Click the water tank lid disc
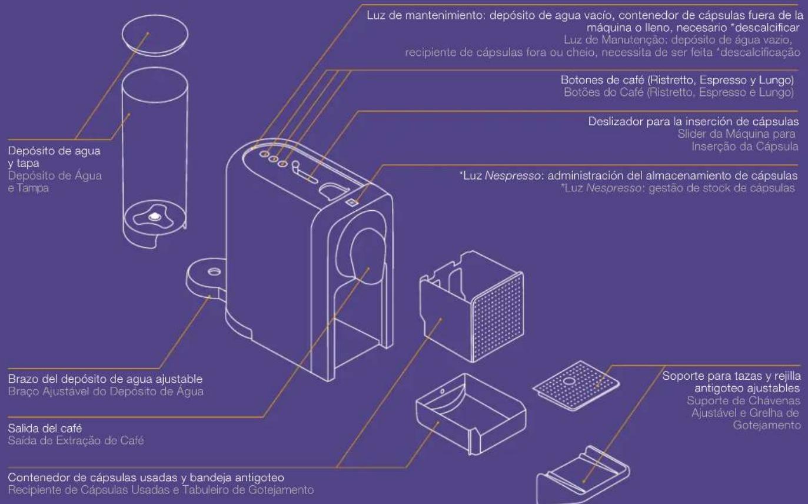point(155,35)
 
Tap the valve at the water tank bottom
point(155,217)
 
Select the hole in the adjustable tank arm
point(214,271)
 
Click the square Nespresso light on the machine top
point(351,203)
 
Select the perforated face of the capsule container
point(497,317)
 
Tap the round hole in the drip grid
point(569,381)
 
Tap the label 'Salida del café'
point(45,428)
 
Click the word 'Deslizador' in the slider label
point(616,121)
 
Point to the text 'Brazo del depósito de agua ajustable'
point(105,379)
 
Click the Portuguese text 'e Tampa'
point(28,188)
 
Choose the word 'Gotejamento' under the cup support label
point(767,425)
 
